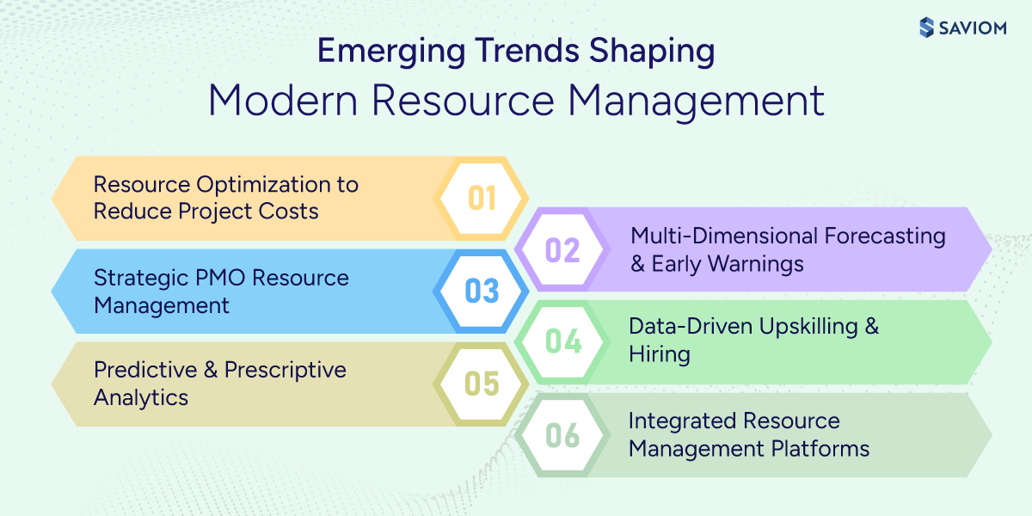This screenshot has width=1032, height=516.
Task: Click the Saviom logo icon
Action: (926, 28)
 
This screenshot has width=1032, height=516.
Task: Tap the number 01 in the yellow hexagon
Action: (482, 199)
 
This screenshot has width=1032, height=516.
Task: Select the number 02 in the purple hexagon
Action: (563, 250)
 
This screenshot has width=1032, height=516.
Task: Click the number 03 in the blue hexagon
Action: (482, 292)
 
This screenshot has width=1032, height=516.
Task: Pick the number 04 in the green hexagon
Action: (563, 341)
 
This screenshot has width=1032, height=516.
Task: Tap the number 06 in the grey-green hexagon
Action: (563, 435)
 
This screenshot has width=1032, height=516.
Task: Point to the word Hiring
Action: (660, 354)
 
